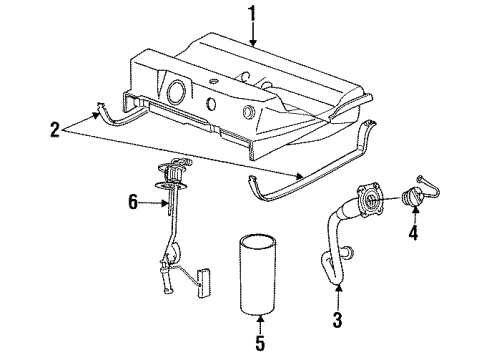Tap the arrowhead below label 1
tap(253, 44)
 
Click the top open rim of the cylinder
tap(259, 241)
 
